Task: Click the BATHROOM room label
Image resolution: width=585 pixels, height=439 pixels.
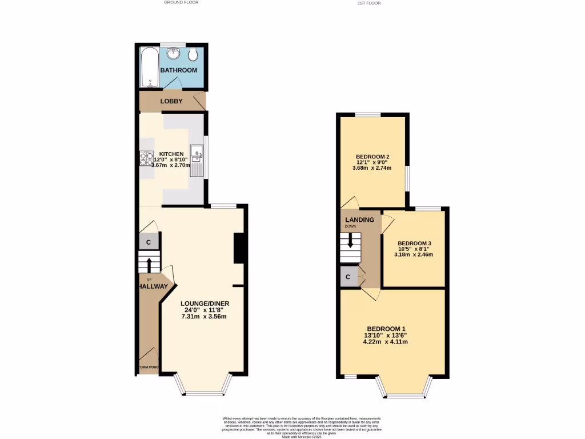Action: [x=178, y=70]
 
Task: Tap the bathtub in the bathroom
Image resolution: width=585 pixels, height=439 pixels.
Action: [x=150, y=67]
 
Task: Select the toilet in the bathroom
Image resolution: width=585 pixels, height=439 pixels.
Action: [x=193, y=55]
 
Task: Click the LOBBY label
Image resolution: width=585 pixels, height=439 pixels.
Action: [x=171, y=102]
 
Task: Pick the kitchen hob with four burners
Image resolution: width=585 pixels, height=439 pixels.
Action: [x=146, y=158]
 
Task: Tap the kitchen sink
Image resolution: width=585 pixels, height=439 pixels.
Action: [x=197, y=153]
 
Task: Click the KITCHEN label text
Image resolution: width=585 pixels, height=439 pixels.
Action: [x=171, y=154]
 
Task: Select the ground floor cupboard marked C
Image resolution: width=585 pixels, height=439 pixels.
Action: [x=149, y=242]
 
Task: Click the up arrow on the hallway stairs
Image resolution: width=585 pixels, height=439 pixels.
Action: [x=149, y=265]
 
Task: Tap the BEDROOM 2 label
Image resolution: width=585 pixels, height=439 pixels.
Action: [x=372, y=157]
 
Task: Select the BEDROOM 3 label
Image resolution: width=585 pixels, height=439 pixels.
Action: [x=414, y=243]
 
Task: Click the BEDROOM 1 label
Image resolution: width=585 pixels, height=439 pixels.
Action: [x=387, y=329]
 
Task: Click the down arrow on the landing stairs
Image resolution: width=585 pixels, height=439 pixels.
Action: [x=350, y=241]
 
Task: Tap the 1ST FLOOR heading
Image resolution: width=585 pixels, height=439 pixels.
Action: [x=369, y=3]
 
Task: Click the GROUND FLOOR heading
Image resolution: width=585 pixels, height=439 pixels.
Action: [x=181, y=2]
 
